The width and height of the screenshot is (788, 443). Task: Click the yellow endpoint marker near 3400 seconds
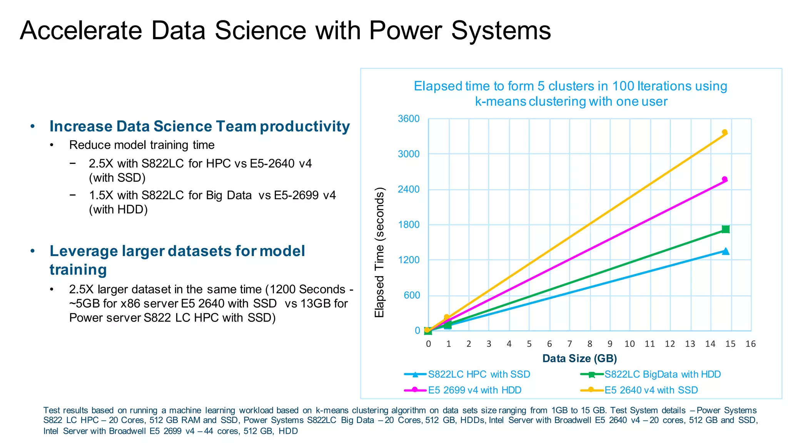pyautogui.click(x=725, y=132)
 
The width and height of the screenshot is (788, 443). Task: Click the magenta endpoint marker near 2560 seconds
pyautogui.click(x=725, y=179)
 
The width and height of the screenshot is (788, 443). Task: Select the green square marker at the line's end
pyautogui.click(x=726, y=229)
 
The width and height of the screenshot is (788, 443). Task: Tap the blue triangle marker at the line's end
pyautogui.click(x=726, y=251)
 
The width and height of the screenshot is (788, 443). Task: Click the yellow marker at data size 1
pyautogui.click(x=447, y=317)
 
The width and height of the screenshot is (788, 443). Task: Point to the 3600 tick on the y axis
pyautogui.click(x=409, y=119)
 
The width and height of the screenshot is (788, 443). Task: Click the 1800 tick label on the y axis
pyautogui.click(x=409, y=225)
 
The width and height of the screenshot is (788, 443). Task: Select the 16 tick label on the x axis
pyautogui.click(x=750, y=344)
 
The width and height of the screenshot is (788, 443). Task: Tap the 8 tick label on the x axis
pyautogui.click(x=589, y=344)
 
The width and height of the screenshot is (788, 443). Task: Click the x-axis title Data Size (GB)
pyautogui.click(x=579, y=358)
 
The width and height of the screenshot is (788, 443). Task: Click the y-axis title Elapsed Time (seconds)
pyautogui.click(x=379, y=252)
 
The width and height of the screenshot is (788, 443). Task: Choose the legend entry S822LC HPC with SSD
pyautogui.click(x=479, y=374)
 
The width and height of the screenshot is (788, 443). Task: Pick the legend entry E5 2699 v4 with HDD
pyautogui.click(x=474, y=390)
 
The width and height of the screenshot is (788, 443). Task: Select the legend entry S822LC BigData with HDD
pyautogui.click(x=662, y=374)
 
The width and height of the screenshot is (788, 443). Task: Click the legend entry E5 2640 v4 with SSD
pyautogui.click(x=651, y=390)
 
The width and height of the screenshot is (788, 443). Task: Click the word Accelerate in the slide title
pyautogui.click(x=81, y=30)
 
